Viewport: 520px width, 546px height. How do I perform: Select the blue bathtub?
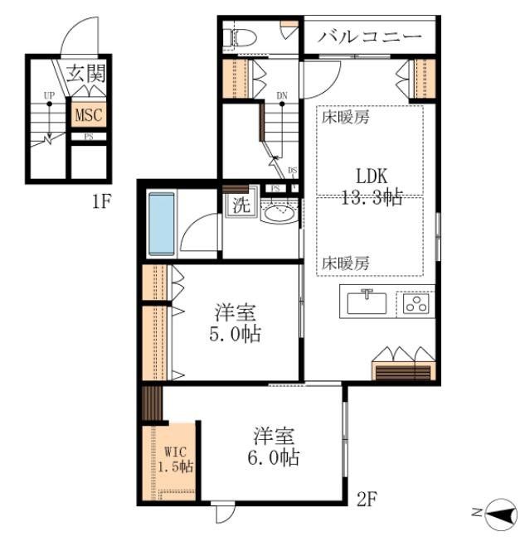click(161, 223)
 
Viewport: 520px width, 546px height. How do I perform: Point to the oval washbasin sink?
click(279, 212)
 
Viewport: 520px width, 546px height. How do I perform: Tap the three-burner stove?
click(416, 303)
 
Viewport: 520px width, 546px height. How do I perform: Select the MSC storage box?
click(89, 114)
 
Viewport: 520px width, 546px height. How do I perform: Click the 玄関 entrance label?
click(86, 73)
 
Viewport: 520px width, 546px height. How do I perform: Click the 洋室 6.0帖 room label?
click(275, 446)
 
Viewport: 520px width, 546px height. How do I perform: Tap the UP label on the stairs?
click(49, 96)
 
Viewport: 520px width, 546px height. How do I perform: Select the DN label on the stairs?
click(282, 96)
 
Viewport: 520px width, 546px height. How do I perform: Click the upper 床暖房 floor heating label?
click(346, 117)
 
